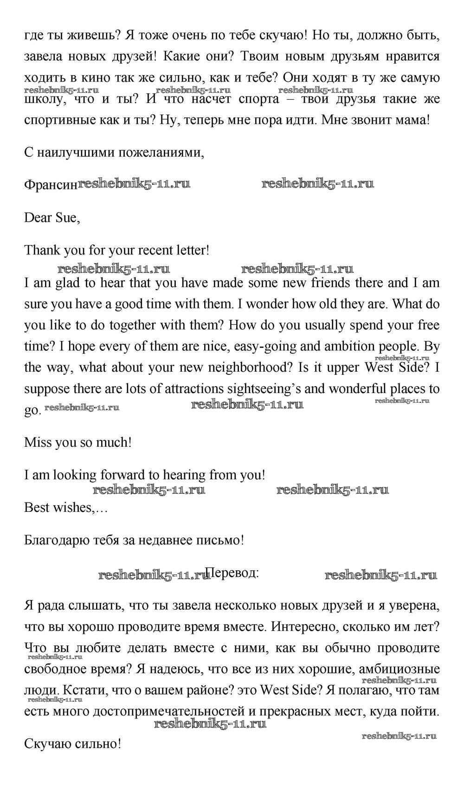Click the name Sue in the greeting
[x=68, y=218]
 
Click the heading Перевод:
[x=232, y=573]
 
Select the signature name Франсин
[x=51, y=185]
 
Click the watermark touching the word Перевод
[x=153, y=575]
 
